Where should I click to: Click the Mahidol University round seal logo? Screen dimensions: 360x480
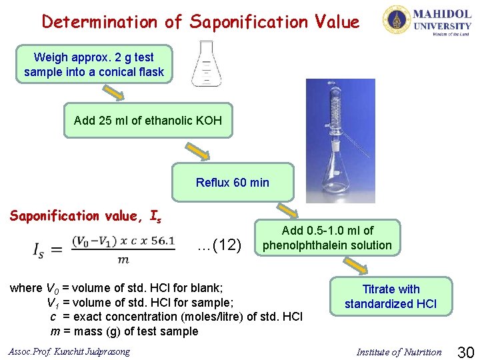coord(396,19)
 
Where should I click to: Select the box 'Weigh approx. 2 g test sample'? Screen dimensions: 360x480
coord(94,65)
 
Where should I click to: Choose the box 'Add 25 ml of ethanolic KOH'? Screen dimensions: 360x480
coord(147,121)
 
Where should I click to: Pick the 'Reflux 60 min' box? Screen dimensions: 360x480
coord(232,182)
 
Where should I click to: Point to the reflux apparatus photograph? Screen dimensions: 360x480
coord(340,140)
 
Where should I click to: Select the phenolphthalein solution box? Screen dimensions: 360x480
coord(327,238)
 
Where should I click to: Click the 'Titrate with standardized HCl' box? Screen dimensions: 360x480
coord(391,297)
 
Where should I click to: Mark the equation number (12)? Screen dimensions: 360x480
coord(220,245)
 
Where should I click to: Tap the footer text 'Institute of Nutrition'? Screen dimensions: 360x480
coord(399,352)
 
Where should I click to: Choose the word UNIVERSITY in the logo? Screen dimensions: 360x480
coord(442,26)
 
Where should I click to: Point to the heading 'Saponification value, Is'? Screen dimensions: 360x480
coord(85,216)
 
